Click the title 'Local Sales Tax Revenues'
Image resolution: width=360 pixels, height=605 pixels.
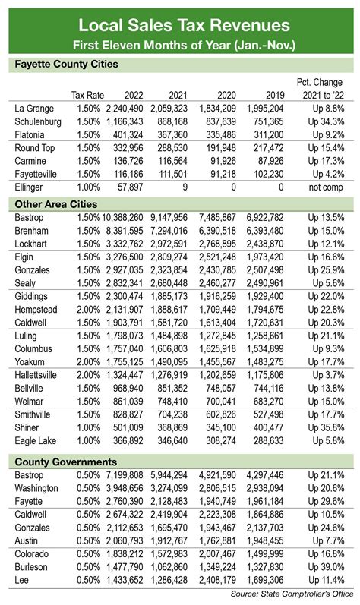tap(180, 19)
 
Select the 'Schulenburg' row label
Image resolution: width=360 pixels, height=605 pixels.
tap(38, 122)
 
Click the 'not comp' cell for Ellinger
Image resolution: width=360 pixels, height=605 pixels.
tap(328, 186)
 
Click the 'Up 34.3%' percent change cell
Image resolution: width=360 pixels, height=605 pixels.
tap(327, 122)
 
